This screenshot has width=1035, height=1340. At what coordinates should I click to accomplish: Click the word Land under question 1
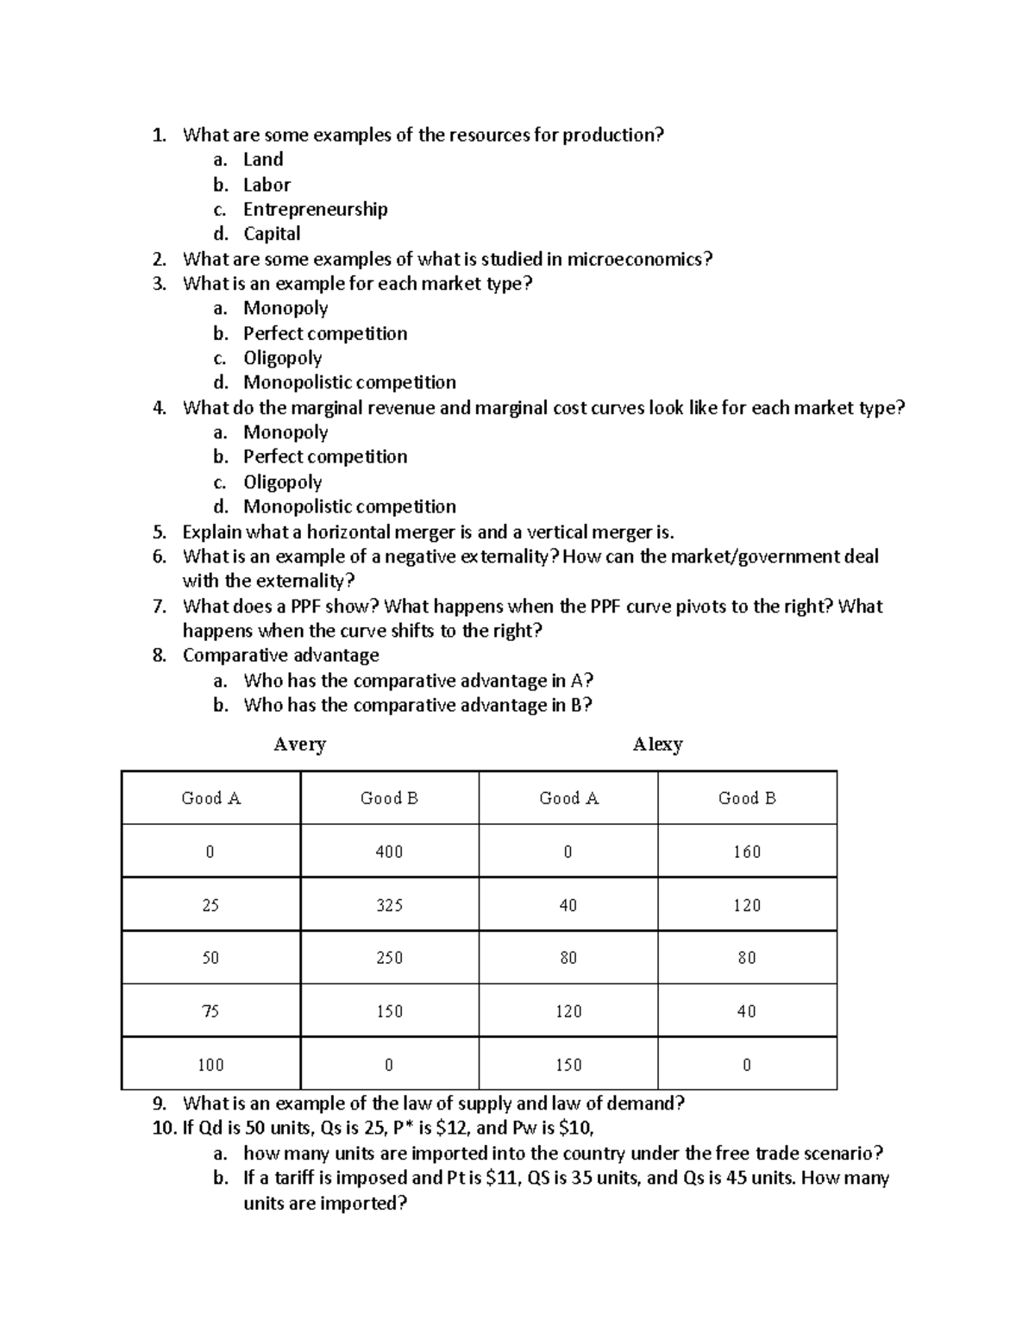point(263,160)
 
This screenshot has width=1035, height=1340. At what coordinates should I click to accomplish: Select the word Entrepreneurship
point(315,210)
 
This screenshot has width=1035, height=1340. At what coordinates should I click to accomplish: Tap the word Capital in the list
point(272,234)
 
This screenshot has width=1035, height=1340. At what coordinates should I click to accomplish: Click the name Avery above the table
point(299,744)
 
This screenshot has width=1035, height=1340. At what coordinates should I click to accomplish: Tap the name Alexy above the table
point(657,744)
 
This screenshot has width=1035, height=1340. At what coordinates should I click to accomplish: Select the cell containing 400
point(389,852)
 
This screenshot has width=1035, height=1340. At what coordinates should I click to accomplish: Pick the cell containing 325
point(389,905)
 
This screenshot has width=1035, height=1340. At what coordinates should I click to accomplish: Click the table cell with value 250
point(389,958)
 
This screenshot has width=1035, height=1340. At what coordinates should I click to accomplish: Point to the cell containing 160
point(747,852)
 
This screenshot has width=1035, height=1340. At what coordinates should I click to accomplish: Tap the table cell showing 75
point(210,1011)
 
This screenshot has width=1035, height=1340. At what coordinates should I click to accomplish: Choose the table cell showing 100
point(210,1065)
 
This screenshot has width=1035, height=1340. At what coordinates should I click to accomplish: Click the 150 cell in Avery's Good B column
point(389,1011)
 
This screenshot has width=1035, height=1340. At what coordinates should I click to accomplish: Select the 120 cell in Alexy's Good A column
point(568,1011)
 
